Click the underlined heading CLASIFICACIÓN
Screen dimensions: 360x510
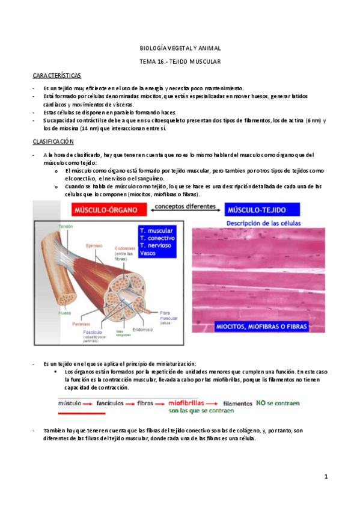pyautogui.click(x=53, y=141)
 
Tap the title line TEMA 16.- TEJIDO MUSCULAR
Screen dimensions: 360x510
pyautogui.click(x=179, y=61)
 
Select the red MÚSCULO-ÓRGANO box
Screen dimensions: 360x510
pyautogui.click(x=109, y=210)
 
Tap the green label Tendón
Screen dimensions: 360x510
pyautogui.click(x=66, y=226)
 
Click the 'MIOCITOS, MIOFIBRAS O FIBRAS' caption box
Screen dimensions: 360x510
pyautogui.click(x=261, y=327)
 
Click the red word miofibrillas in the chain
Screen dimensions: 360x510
pyautogui.click(x=186, y=403)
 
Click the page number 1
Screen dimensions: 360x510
pyautogui.click(x=326, y=476)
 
